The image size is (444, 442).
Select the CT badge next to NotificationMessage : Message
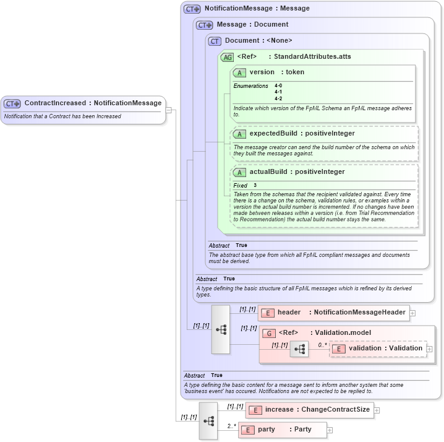click(x=192, y=9)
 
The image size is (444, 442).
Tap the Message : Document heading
click(x=252, y=25)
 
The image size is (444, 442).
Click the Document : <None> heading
click(x=258, y=41)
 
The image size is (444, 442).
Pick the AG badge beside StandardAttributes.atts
click(x=227, y=57)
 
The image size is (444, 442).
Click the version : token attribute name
click(x=276, y=72)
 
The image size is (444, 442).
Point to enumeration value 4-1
click(x=278, y=92)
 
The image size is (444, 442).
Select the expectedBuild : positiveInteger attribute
click(x=302, y=133)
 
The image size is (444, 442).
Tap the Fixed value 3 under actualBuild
click(x=255, y=185)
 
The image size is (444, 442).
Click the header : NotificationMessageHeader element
click(x=341, y=313)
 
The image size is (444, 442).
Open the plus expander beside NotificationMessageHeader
click(x=412, y=313)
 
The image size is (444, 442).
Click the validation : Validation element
click(x=385, y=349)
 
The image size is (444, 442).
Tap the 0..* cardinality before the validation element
click(x=322, y=344)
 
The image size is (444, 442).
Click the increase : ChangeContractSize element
click(x=317, y=410)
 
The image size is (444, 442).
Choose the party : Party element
click(x=284, y=430)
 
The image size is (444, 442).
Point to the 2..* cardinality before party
click(x=231, y=425)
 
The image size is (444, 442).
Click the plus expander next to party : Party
click(x=330, y=430)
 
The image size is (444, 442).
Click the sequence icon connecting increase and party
click(x=208, y=420)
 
